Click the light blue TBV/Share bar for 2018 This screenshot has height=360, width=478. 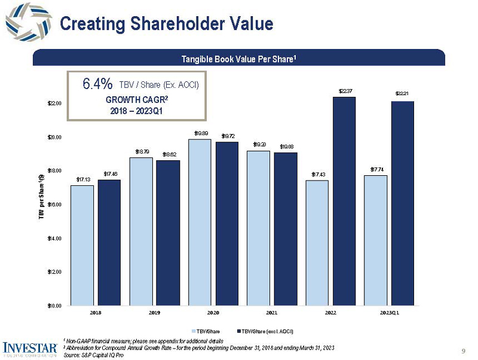(x=82, y=245)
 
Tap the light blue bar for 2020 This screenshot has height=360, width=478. (x=199, y=222)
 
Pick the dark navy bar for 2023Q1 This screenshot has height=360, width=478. (x=403, y=203)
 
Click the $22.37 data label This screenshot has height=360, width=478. (x=345, y=91)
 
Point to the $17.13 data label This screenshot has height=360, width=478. (x=82, y=179)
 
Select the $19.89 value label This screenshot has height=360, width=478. (x=200, y=133)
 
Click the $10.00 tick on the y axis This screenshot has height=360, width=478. (x=54, y=306)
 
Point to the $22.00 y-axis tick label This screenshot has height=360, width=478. (x=54, y=103)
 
